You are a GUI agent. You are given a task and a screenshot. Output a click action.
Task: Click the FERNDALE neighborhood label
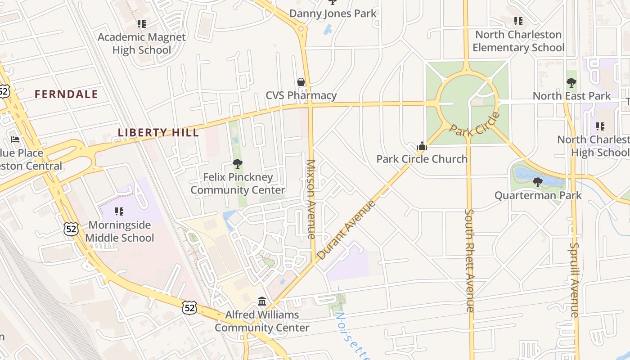click(66, 94)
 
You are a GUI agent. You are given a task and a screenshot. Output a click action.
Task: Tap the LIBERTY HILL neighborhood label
click(158, 132)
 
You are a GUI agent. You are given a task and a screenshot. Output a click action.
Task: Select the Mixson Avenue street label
click(311, 198)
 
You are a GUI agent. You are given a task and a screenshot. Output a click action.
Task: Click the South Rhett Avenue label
click(469, 260)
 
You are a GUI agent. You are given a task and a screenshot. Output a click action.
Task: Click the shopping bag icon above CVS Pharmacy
click(301, 82)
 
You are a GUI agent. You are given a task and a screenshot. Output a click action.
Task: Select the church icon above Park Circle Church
click(422, 146)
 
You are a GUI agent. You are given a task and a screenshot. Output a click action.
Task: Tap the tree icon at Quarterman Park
click(537, 182)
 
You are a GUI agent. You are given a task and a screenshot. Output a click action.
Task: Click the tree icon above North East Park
click(571, 83)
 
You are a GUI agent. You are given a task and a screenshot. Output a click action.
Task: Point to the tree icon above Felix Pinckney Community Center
click(237, 164)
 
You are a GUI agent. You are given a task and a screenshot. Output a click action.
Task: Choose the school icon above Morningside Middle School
click(119, 211)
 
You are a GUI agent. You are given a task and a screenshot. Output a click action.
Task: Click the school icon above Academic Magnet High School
click(142, 24)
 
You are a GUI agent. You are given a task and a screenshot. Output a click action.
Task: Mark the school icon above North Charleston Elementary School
click(518, 21)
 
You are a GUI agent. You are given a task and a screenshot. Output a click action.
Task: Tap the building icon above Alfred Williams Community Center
click(261, 301)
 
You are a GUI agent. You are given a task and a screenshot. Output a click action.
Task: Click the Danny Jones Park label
click(333, 13)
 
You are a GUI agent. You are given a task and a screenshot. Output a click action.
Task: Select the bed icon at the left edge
click(15, 139)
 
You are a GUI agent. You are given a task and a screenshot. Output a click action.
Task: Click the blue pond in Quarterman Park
click(526, 173)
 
